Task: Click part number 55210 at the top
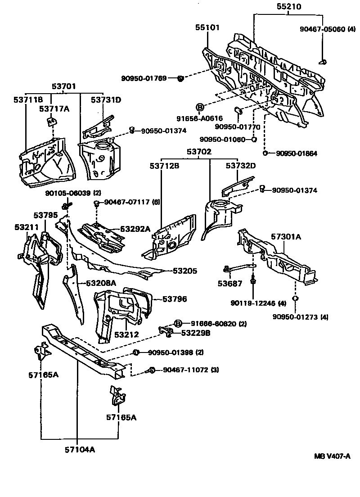pyautogui.click(x=286, y=7)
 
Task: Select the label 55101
pyautogui.click(x=207, y=28)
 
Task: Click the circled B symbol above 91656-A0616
pyautogui.click(x=200, y=107)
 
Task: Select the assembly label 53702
pyautogui.click(x=199, y=153)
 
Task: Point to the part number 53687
pyautogui.click(x=229, y=284)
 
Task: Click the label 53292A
pyautogui.click(x=135, y=229)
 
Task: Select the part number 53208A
pyautogui.click(x=101, y=283)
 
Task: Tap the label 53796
pyautogui.click(x=175, y=298)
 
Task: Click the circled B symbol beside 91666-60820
pyautogui.click(x=178, y=323)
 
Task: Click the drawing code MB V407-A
pyautogui.click(x=332, y=456)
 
